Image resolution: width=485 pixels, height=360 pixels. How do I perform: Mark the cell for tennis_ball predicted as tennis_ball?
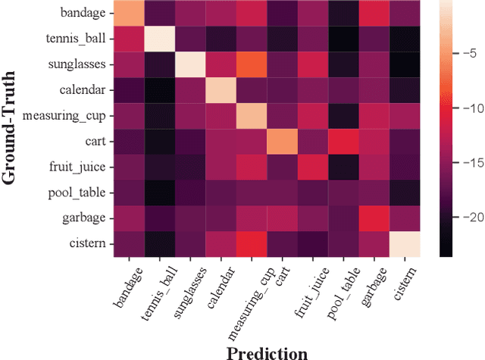click(x=155, y=38)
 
